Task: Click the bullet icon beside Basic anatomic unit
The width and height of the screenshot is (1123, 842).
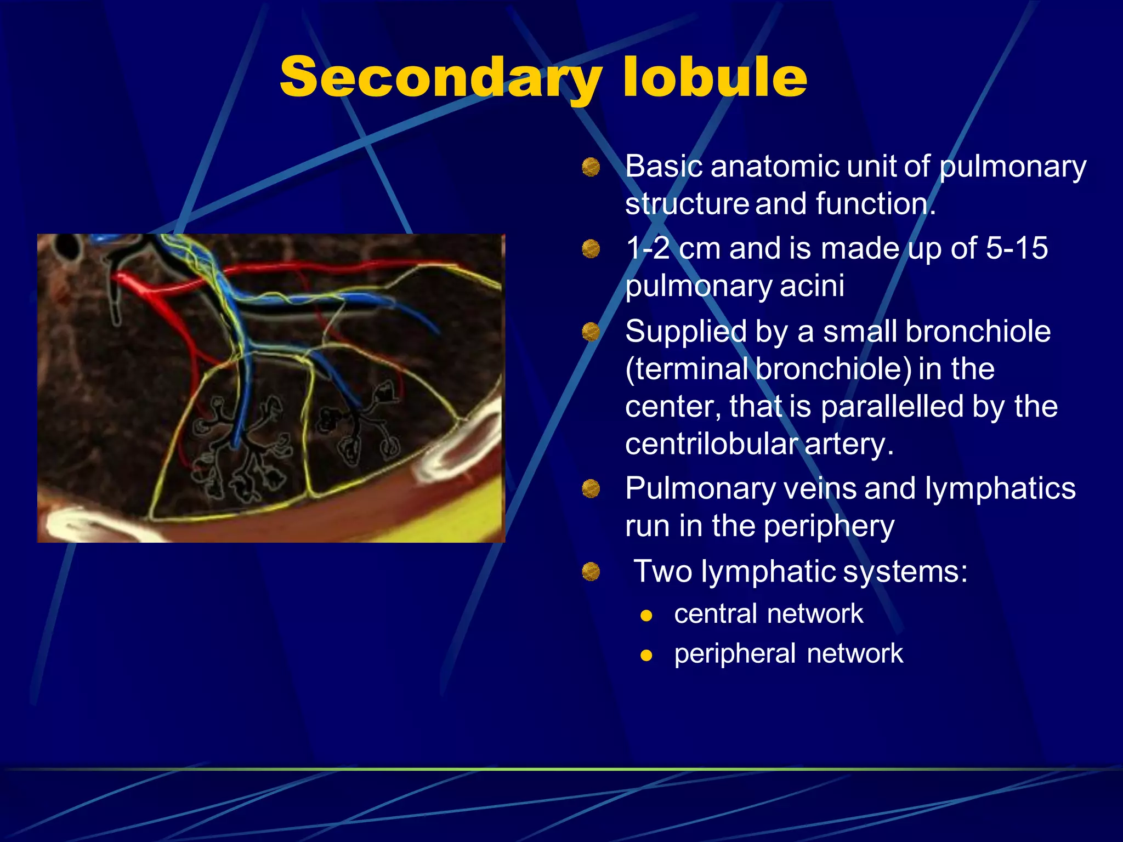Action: tap(591, 167)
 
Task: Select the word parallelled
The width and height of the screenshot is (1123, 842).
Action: tap(892, 407)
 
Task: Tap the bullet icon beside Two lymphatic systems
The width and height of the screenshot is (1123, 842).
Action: tap(591, 572)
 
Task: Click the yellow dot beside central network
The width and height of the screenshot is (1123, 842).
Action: tap(646, 616)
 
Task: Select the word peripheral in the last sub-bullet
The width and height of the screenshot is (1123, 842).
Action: tap(735, 654)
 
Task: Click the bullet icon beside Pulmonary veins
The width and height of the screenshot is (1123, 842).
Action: tap(591, 488)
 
